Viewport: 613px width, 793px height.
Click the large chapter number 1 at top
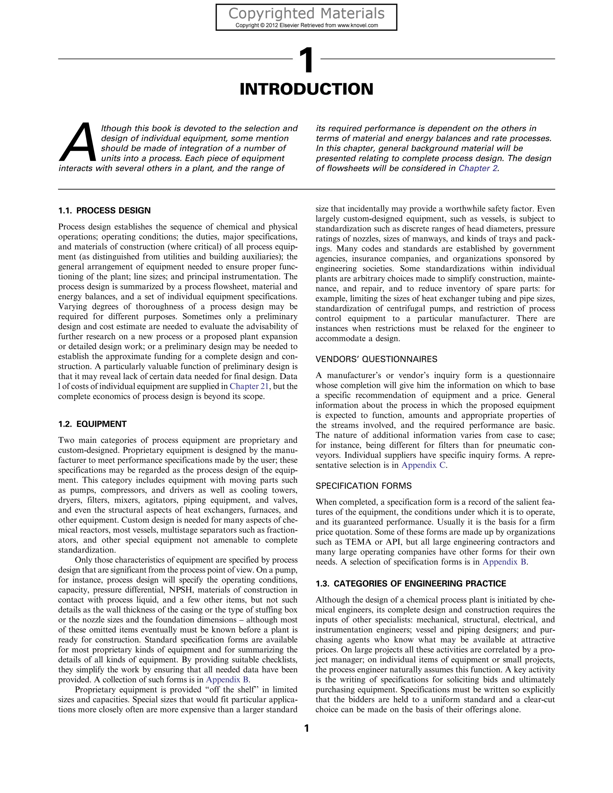[307, 61]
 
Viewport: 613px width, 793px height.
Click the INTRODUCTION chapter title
[306, 89]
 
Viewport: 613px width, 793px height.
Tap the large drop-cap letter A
[77, 143]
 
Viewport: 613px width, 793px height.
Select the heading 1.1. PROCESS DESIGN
[104, 211]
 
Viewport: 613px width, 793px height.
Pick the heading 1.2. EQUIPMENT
[92, 424]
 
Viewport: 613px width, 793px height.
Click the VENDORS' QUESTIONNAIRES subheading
[376, 359]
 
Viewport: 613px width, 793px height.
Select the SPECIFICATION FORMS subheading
[363, 486]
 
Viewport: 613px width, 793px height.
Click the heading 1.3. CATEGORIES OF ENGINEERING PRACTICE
[411, 584]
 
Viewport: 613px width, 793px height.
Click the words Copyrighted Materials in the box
[306, 14]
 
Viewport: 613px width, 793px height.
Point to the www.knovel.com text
[358, 25]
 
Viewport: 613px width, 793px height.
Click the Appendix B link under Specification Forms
[504, 562]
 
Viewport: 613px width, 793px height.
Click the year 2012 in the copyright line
[272, 25]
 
